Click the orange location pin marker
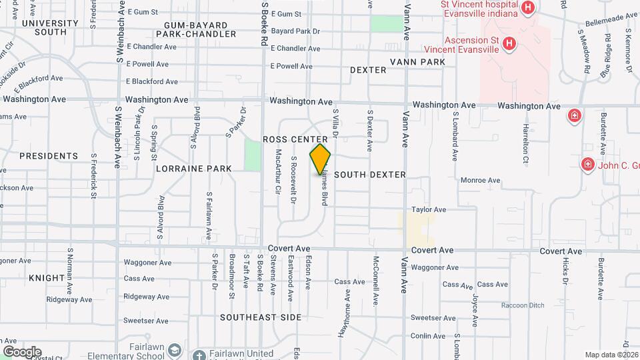tap(321, 159)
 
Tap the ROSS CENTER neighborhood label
tap(295, 139)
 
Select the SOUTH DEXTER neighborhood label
tap(370, 175)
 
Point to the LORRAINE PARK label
tap(194, 169)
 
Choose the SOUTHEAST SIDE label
tap(261, 317)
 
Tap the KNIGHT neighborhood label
tap(46, 277)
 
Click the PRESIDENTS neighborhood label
tap(49, 156)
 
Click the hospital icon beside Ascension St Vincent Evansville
tap(509, 44)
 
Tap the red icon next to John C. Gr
tap(587, 163)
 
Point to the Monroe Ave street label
tap(480, 180)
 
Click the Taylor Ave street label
tap(428, 209)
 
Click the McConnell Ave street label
tap(377, 277)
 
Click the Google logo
tap(22, 352)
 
